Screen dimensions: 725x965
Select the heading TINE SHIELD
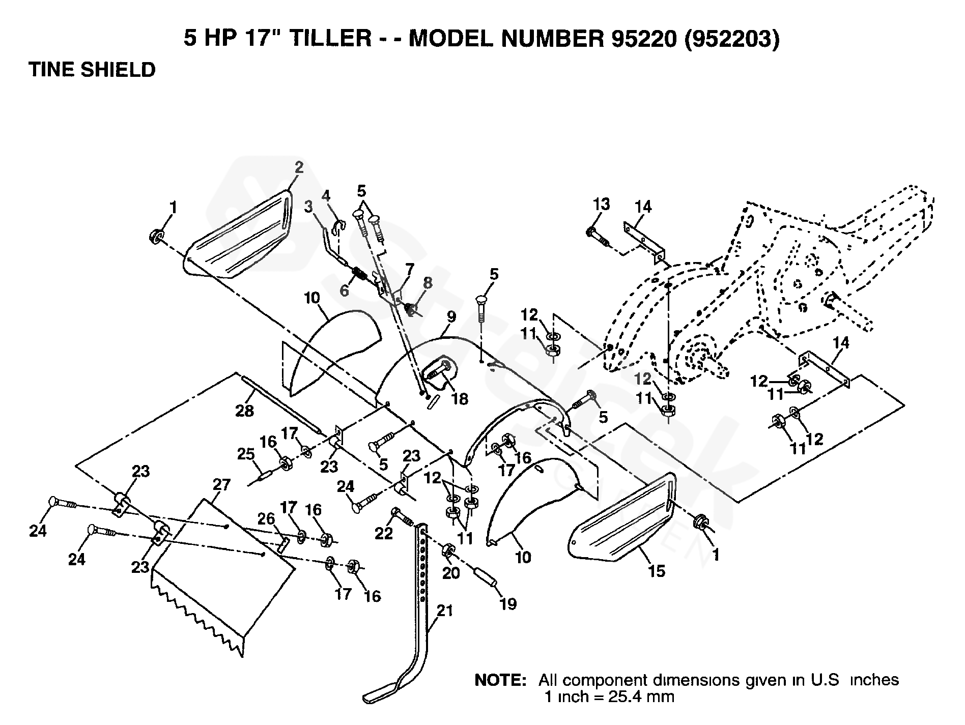pos(92,70)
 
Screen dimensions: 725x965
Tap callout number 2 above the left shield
pos(299,167)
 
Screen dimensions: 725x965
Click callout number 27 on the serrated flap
pos(222,485)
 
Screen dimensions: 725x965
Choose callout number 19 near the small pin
pos(508,604)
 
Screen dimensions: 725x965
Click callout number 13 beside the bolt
pos(601,204)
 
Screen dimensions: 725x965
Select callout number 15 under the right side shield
pos(657,571)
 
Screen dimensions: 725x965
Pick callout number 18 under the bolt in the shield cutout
pos(460,398)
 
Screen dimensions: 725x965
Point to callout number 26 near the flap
pos(266,519)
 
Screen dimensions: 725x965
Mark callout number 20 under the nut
pos(451,573)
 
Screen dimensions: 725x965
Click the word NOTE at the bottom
pos(500,680)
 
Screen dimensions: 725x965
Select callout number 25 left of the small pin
pos(246,454)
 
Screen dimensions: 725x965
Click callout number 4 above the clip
pos(326,196)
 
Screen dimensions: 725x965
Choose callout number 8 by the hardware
pos(427,283)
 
